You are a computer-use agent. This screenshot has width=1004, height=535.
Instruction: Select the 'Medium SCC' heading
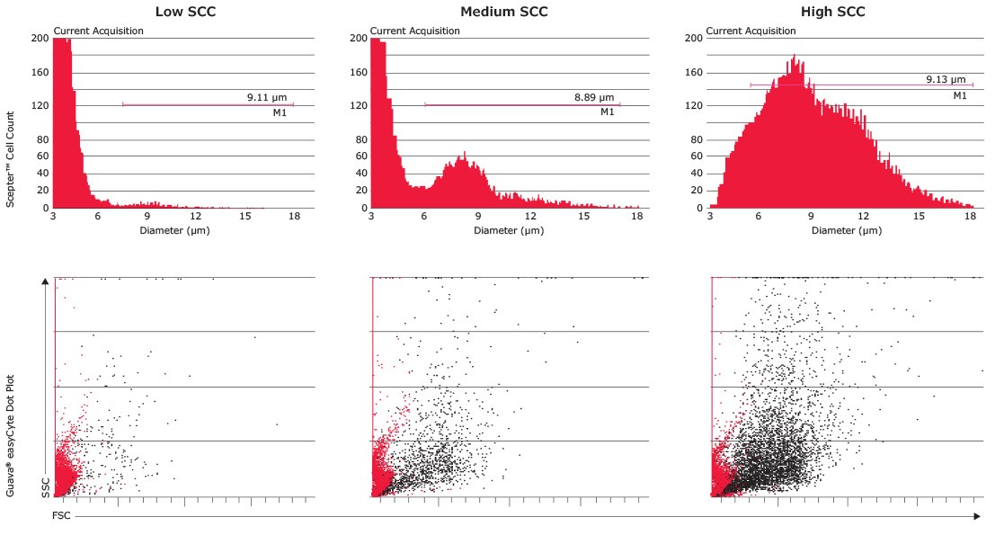[503, 12]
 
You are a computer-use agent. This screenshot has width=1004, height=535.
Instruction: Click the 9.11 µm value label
[267, 96]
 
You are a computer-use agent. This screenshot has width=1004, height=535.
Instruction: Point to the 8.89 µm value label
[594, 96]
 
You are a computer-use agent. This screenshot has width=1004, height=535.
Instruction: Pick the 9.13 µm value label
[946, 79]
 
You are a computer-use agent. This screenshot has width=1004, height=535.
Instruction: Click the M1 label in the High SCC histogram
[959, 95]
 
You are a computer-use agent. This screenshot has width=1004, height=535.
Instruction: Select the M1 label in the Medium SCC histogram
[607, 112]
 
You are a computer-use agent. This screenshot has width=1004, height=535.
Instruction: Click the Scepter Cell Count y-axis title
[12, 159]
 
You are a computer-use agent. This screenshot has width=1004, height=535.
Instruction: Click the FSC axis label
[61, 517]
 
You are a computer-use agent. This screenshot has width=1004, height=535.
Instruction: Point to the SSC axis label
[45, 486]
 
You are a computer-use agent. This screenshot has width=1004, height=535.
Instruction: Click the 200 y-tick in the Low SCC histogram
[40, 39]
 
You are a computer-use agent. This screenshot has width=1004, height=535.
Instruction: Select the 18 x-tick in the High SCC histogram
[970, 216]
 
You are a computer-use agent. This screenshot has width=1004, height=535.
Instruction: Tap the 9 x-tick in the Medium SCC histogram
[479, 216]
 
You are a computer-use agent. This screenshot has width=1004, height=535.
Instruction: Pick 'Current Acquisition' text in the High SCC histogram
[751, 31]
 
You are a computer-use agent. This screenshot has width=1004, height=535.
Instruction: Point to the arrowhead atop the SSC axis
[45, 282]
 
